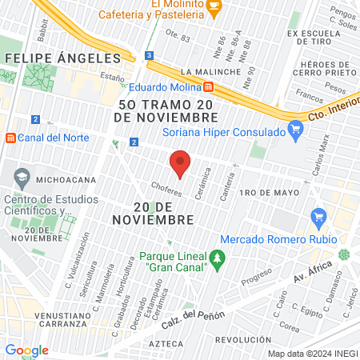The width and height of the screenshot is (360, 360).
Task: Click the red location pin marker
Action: click(x=180, y=163)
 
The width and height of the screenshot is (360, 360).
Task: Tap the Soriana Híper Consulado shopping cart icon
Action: click(x=295, y=128)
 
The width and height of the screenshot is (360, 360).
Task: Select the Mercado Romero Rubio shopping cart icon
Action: click(x=319, y=215)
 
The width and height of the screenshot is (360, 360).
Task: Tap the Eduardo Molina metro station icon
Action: click(x=208, y=86)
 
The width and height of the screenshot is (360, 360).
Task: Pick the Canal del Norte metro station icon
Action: click(x=11, y=137)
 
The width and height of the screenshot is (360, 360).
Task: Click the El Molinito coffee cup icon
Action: click(x=213, y=6)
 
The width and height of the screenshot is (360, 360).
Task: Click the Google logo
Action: click(x=26, y=350)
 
